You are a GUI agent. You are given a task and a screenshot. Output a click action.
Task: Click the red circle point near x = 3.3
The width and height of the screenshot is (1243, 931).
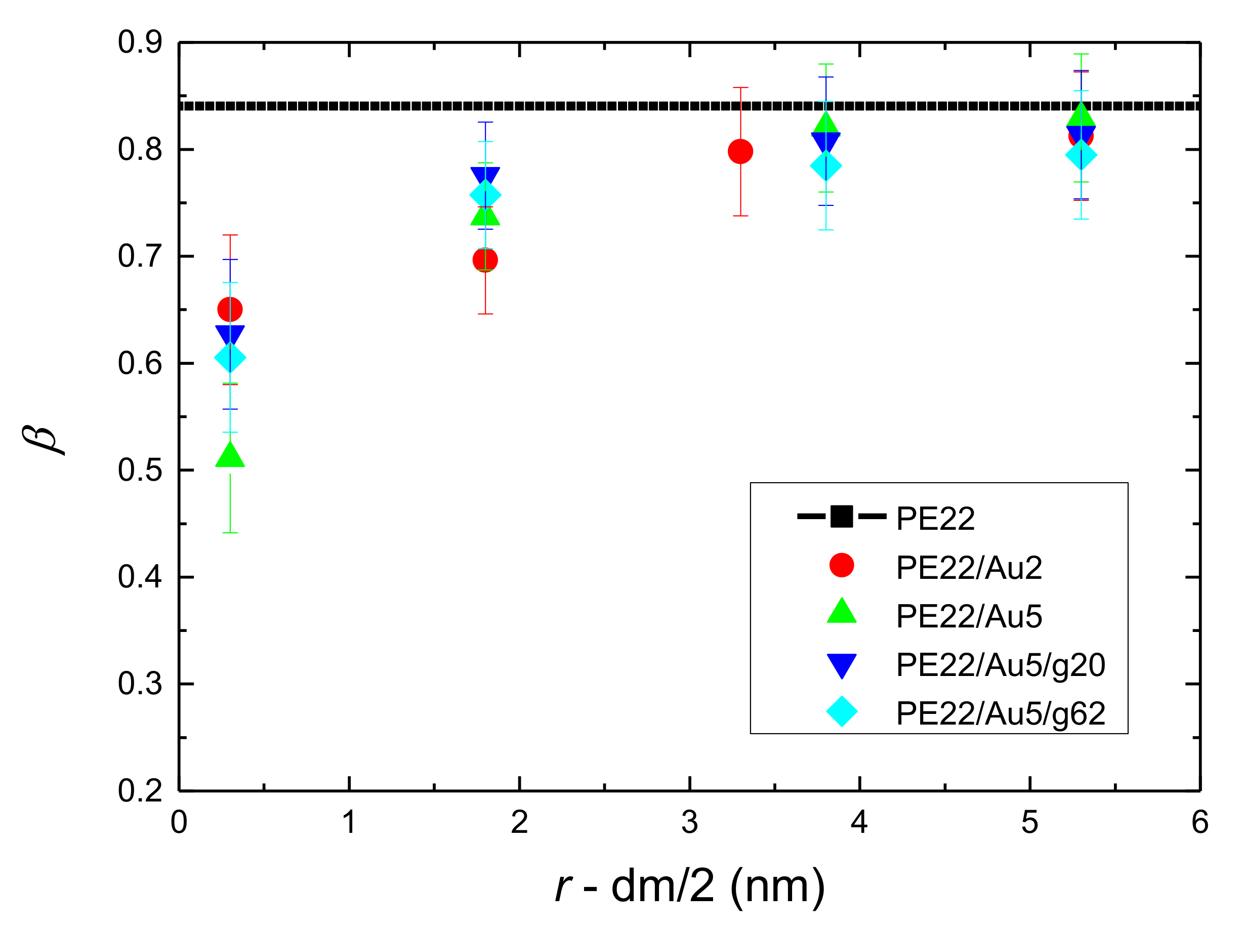click(x=740, y=151)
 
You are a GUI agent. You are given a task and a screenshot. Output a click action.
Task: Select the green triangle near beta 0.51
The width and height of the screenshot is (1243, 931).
click(x=230, y=455)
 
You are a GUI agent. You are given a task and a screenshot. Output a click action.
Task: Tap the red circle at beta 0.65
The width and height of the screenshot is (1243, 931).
click(x=230, y=309)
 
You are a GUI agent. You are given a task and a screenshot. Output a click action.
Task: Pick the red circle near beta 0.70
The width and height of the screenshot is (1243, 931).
click(x=485, y=260)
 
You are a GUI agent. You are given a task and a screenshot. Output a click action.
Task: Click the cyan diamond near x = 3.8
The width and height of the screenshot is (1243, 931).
click(x=825, y=166)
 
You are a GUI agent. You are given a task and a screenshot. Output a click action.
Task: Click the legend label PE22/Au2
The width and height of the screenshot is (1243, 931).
click(x=969, y=568)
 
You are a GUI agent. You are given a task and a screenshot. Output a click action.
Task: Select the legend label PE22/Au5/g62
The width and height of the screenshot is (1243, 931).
click(x=1001, y=713)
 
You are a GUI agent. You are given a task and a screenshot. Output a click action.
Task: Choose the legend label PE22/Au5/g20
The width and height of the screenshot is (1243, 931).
click(x=1001, y=665)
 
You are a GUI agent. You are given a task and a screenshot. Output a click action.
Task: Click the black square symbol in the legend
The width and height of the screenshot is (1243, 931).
click(x=841, y=516)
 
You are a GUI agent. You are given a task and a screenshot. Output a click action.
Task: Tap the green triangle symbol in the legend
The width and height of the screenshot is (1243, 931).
click(x=841, y=612)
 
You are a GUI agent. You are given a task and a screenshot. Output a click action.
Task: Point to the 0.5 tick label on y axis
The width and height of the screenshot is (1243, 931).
click(x=140, y=470)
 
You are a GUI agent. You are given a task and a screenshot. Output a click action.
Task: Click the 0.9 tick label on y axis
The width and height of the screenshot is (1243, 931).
click(x=140, y=42)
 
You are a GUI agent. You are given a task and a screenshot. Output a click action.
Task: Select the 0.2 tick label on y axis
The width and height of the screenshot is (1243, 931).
click(x=140, y=791)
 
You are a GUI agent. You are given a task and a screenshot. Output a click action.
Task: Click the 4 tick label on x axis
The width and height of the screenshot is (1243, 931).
click(x=859, y=823)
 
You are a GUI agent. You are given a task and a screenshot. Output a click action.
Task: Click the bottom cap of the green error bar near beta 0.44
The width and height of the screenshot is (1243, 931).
click(x=230, y=533)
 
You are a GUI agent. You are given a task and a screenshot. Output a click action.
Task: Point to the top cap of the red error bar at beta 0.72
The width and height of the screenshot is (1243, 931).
click(x=230, y=235)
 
